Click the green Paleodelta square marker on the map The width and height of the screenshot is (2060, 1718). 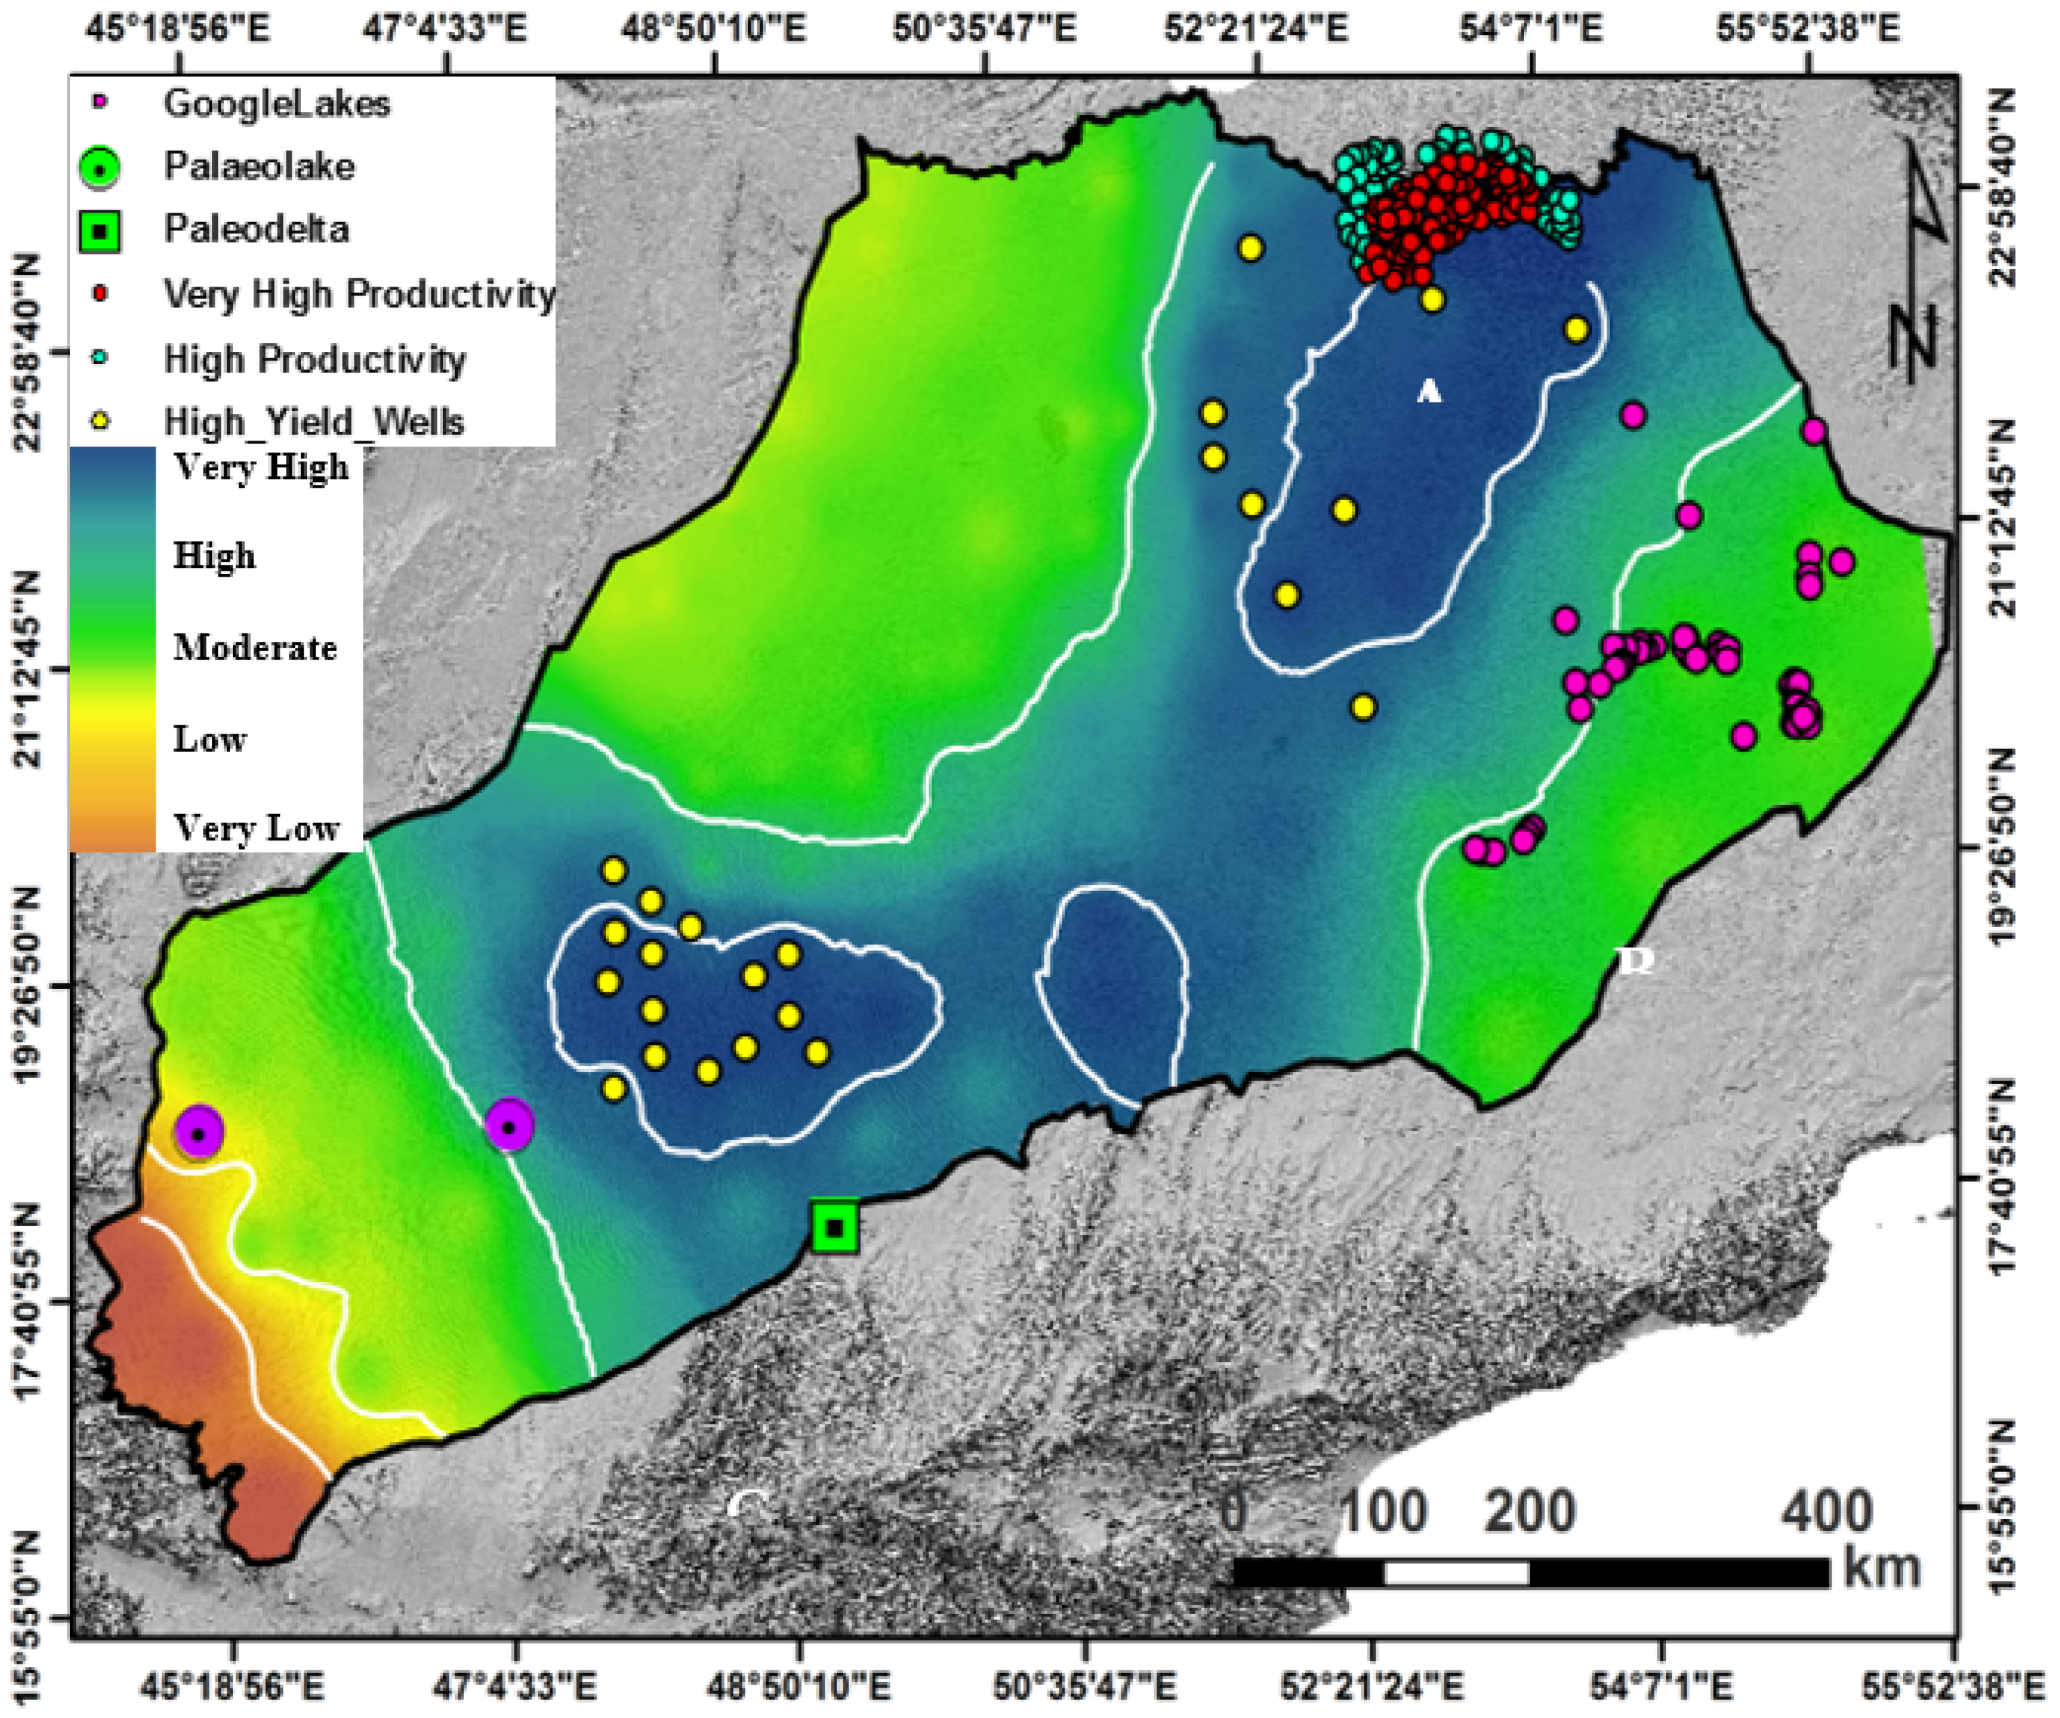click(835, 1227)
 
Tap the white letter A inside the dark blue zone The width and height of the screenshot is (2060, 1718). click(1429, 392)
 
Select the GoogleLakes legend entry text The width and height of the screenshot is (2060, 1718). click(277, 103)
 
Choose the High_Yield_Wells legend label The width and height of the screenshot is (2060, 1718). click(313, 422)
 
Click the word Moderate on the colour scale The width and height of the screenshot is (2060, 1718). click(255, 647)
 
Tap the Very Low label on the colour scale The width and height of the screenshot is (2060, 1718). click(256, 829)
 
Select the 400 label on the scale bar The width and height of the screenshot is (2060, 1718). click(1826, 1512)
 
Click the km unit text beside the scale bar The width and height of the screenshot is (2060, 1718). click(1881, 1567)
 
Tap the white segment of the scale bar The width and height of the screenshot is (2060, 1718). click(1456, 1573)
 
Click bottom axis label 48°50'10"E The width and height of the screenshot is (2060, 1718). click(799, 1688)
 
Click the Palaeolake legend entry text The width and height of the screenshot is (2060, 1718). click(259, 166)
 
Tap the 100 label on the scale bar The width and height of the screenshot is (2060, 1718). click(1382, 1512)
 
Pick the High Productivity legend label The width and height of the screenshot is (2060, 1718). click(314, 359)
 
